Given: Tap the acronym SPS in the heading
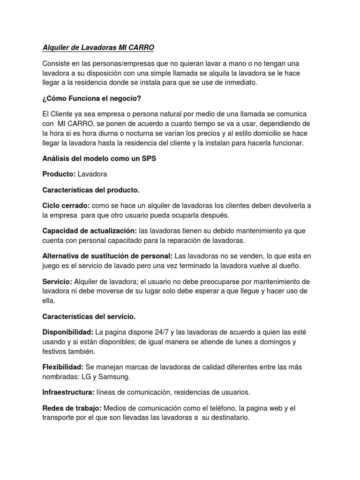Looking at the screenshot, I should pyautogui.click(x=148, y=159).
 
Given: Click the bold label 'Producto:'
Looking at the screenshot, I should pyautogui.click(x=59, y=174).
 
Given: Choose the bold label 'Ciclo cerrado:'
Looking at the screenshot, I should pyautogui.click(x=66, y=205).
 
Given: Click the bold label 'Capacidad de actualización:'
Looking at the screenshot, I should pyautogui.click(x=90, y=231).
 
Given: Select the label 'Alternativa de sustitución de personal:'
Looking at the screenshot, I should pyautogui.click(x=107, y=256).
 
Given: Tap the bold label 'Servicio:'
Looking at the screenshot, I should pyautogui.click(x=57, y=282).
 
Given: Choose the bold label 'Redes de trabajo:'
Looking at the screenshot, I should pyautogui.click(x=72, y=409).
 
